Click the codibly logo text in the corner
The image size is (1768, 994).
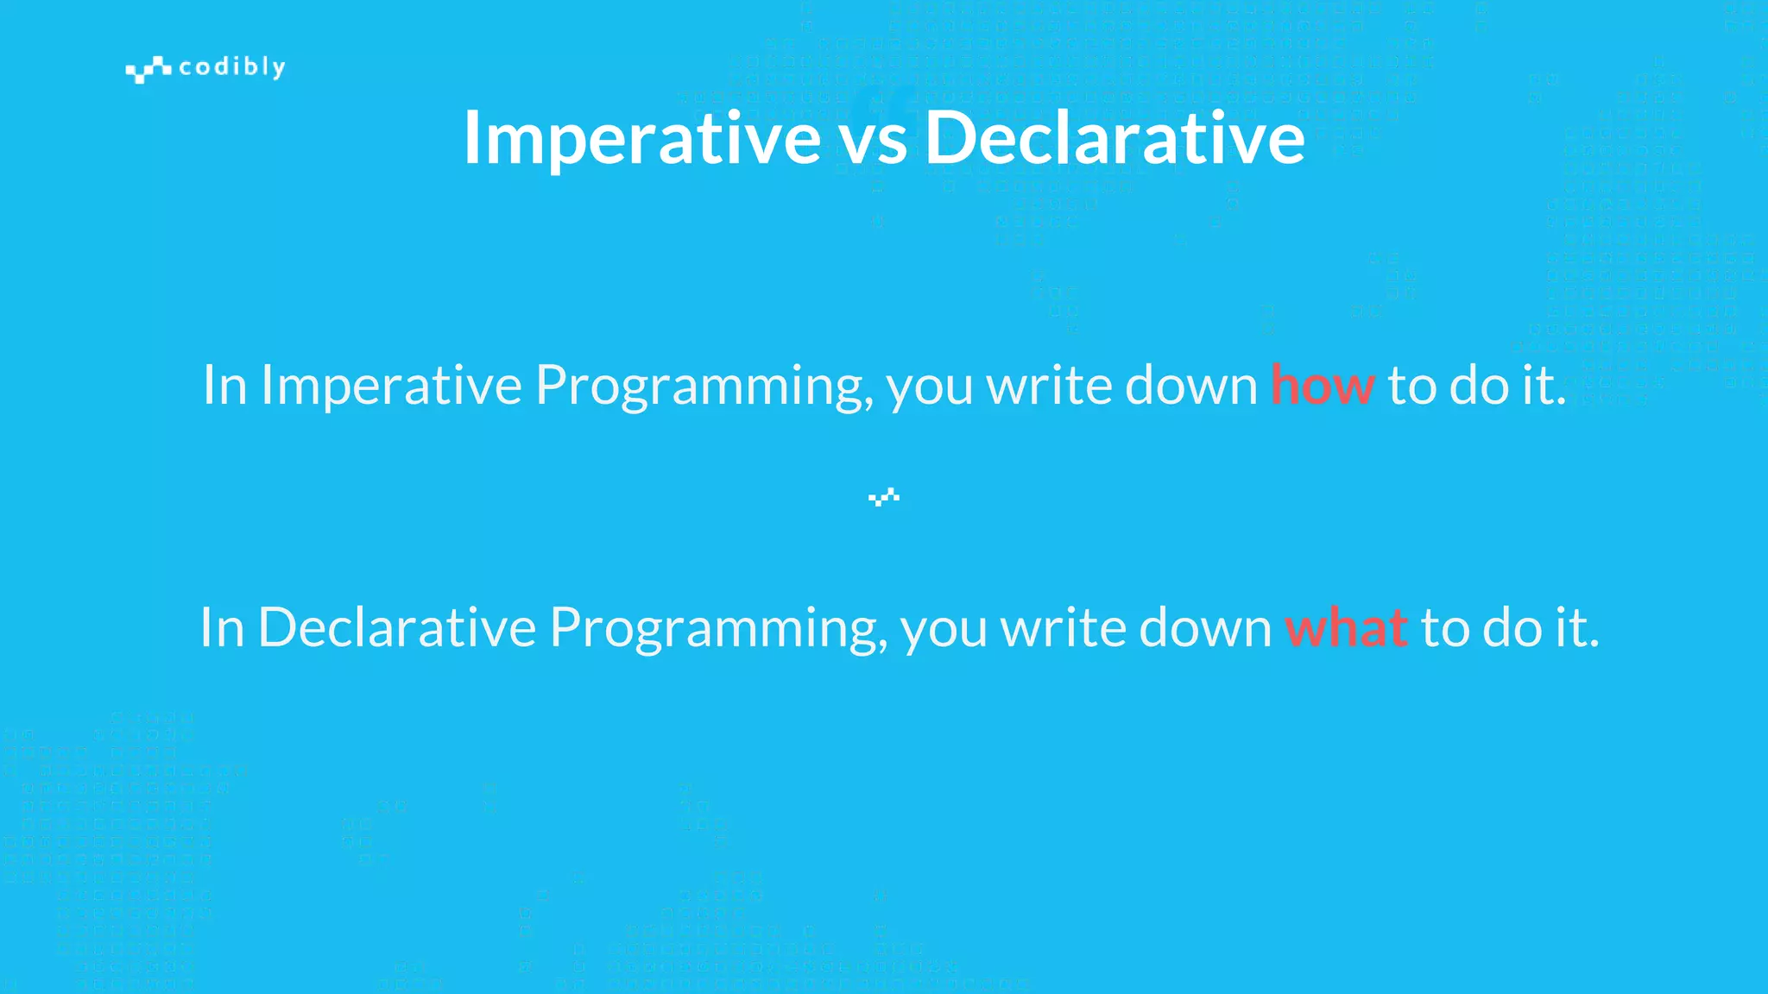(x=231, y=67)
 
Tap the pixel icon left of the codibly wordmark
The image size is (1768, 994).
(x=148, y=69)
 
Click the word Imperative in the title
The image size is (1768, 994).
(x=641, y=138)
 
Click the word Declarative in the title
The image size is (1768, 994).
(x=1114, y=138)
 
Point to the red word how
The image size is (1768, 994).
(x=1322, y=385)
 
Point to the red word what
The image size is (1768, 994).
(x=1346, y=627)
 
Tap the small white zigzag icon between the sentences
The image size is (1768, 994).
(x=884, y=497)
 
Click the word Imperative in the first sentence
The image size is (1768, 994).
(x=391, y=385)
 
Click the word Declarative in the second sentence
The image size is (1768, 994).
(x=397, y=627)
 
